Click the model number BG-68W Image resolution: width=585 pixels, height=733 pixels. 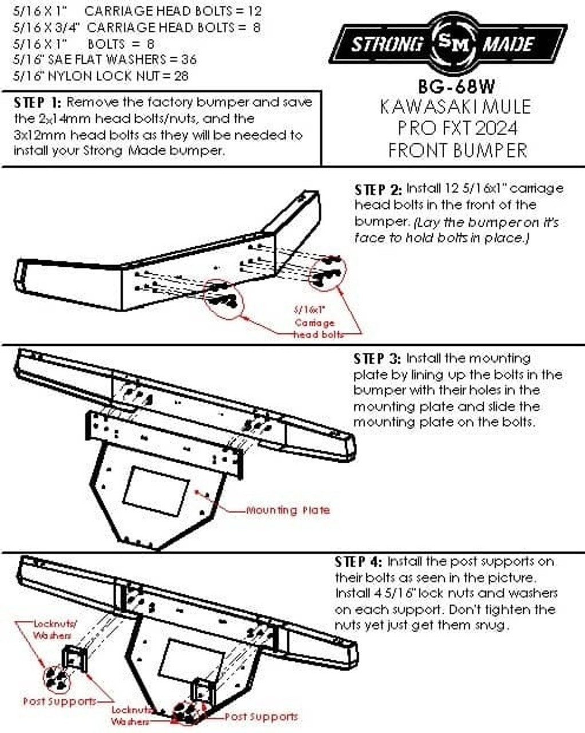(x=456, y=86)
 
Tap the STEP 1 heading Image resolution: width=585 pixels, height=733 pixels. (x=37, y=103)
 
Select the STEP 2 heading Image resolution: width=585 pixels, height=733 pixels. (x=378, y=190)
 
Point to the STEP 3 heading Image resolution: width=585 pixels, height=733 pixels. (x=377, y=359)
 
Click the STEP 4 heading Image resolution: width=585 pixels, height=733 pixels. (x=358, y=562)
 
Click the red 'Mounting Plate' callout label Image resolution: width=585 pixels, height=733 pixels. (x=288, y=510)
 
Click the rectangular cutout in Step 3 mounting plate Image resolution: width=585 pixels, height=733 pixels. (x=156, y=491)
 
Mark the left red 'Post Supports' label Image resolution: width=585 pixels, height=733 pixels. (x=60, y=701)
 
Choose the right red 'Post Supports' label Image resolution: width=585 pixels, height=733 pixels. (x=261, y=716)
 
